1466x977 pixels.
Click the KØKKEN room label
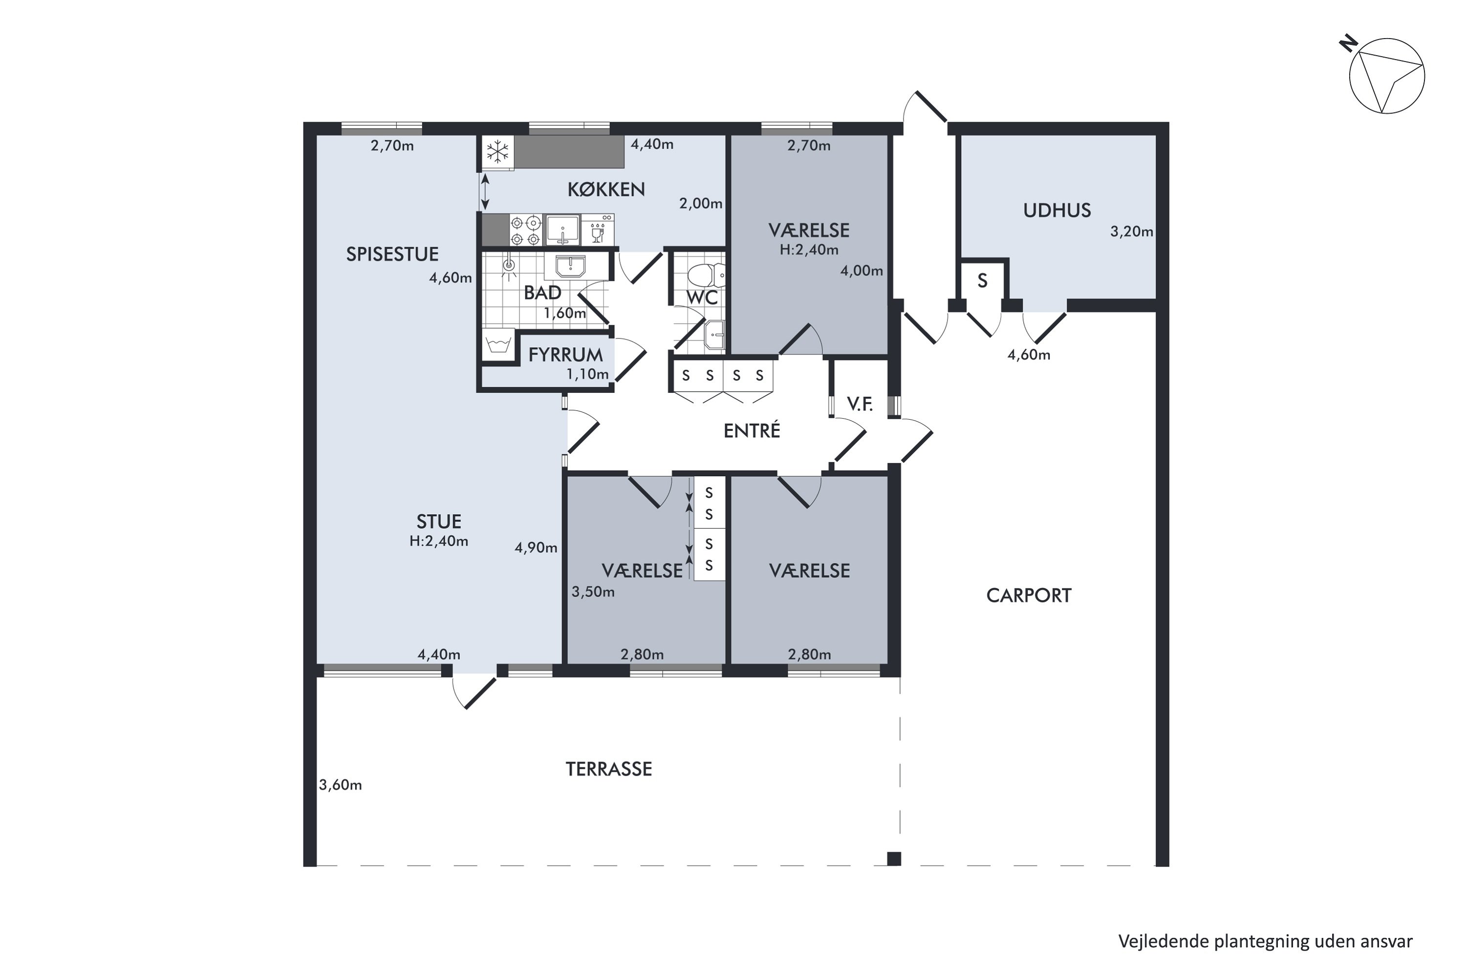(x=606, y=190)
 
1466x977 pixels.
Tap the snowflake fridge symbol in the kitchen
(x=497, y=151)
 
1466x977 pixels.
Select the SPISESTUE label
(x=392, y=254)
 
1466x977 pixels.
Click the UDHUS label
(x=1056, y=211)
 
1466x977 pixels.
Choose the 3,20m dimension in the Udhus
(x=1131, y=232)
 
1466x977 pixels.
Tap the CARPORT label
(x=1029, y=595)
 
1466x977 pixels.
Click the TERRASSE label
(x=608, y=769)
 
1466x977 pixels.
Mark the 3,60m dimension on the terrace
(x=340, y=785)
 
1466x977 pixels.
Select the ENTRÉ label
(x=752, y=430)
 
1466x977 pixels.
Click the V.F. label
(x=860, y=404)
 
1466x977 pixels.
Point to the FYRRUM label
(x=565, y=355)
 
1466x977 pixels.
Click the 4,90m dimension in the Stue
(x=536, y=548)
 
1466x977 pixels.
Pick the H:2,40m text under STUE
(x=439, y=541)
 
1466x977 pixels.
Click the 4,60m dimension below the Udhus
(x=1029, y=355)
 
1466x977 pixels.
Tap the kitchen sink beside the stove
(x=563, y=230)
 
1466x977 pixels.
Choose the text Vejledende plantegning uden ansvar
(x=1265, y=941)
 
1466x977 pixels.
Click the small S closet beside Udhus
(x=982, y=281)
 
